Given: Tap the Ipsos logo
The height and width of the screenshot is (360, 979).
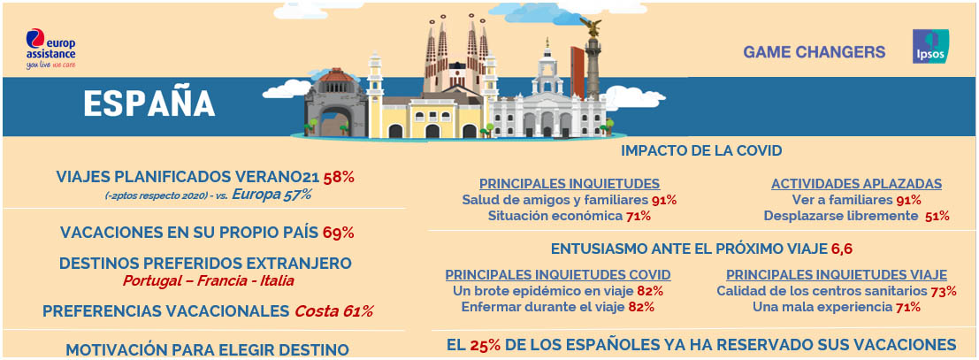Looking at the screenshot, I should pos(930,48).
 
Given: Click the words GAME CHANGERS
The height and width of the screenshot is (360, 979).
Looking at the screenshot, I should pos(814,52).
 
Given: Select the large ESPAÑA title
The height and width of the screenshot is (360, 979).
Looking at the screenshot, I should pos(149,103).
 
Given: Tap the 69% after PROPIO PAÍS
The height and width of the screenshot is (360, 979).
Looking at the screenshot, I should pos(338,234).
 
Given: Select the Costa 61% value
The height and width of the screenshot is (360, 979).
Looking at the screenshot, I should pos(333,310).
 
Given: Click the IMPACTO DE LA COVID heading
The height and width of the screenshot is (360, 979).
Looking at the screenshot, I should pos(701,150).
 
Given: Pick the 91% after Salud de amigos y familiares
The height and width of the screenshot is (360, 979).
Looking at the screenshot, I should pos(663,200).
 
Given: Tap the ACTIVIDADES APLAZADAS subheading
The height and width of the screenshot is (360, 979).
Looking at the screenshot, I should pos(856,184).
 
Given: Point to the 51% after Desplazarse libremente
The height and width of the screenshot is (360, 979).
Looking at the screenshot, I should pos(937,216).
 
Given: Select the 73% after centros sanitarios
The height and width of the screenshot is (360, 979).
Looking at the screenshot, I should pos(944,291).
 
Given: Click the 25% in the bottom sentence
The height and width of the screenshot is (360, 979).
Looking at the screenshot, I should pos(479,344).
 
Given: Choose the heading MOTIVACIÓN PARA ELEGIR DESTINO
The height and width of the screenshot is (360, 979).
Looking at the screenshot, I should pos(207,349).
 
